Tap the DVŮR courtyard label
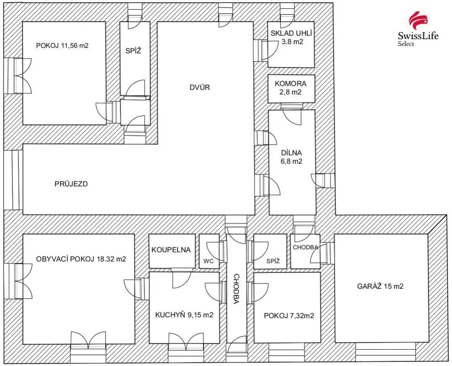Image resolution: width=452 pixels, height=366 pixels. pyautogui.click(x=200, y=87)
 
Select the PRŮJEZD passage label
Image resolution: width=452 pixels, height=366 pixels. pyautogui.click(x=71, y=184)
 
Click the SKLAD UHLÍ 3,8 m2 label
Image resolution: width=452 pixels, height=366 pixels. pyautogui.click(x=292, y=37)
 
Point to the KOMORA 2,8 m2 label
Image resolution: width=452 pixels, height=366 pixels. pyautogui.click(x=290, y=88)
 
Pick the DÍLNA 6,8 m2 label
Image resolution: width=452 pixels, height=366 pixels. pyautogui.click(x=291, y=157)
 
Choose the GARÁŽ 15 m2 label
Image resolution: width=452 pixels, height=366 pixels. pyautogui.click(x=380, y=286)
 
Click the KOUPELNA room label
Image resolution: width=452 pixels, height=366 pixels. pyautogui.click(x=171, y=250)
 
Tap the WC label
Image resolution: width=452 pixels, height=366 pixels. pyautogui.click(x=208, y=261)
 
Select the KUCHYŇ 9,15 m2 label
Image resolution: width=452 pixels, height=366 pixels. pyautogui.click(x=184, y=315)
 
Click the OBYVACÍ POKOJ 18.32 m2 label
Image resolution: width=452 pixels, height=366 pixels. pyautogui.click(x=81, y=259)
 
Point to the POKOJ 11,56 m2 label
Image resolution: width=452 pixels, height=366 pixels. pyautogui.click(x=62, y=45)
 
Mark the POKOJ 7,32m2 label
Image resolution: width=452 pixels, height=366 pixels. pyautogui.click(x=289, y=316)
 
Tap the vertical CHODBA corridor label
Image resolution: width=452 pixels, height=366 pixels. pyautogui.click(x=236, y=289)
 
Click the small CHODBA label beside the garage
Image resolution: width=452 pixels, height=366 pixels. pyautogui.click(x=305, y=247)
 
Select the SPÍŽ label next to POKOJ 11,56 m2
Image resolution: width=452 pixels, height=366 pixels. pyautogui.click(x=133, y=51)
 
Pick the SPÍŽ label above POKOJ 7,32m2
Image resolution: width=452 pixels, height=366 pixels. pyautogui.click(x=273, y=261)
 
